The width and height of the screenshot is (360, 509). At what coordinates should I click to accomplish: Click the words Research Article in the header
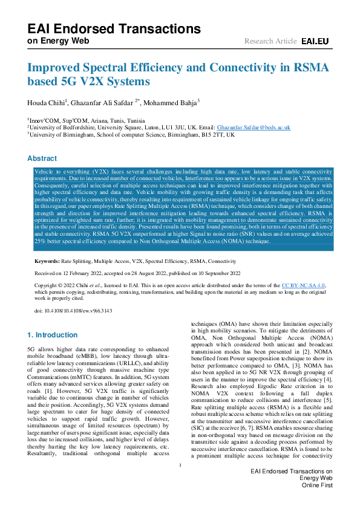270,41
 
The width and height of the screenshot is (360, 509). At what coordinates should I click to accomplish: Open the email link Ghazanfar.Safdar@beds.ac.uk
254,128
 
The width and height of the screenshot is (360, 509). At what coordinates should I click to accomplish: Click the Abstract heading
42,158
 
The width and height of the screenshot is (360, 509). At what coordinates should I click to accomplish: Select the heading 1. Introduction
52,334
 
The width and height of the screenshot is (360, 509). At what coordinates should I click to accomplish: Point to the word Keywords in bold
47,261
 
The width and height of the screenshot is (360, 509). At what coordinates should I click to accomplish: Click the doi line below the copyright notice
73,311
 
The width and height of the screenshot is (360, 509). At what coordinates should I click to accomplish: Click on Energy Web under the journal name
58,41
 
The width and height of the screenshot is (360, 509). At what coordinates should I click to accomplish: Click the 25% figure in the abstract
41,242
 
